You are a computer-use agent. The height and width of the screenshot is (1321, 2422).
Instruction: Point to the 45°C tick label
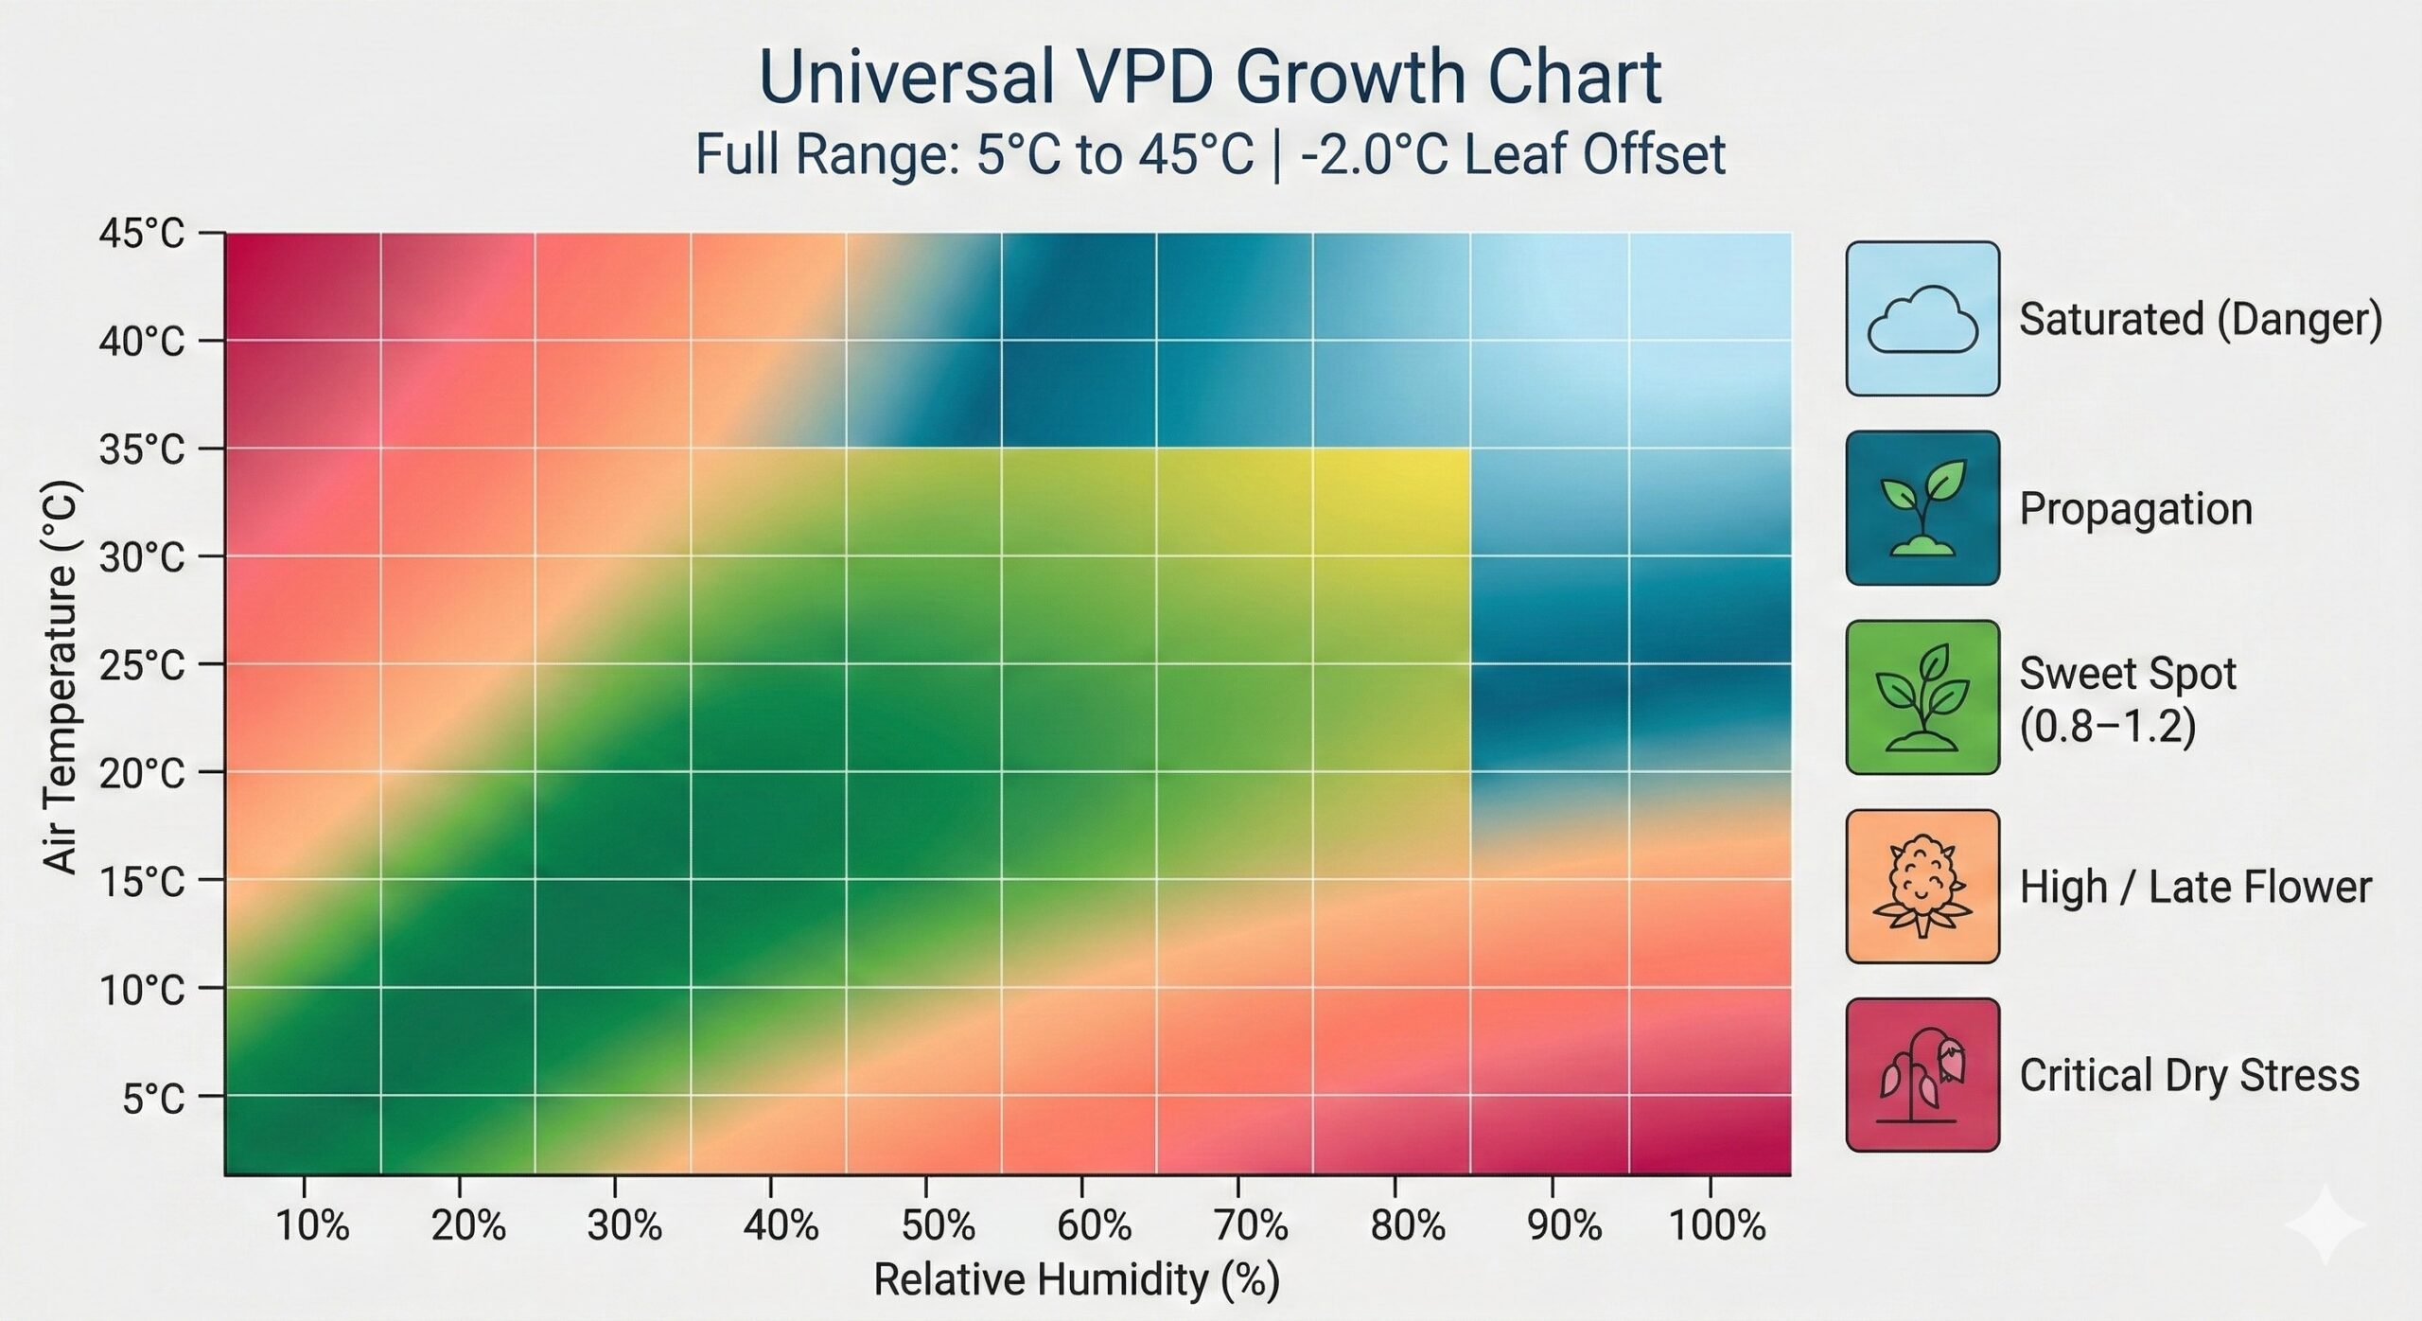tap(142, 233)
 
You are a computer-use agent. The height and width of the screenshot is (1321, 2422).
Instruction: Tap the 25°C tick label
tap(142, 666)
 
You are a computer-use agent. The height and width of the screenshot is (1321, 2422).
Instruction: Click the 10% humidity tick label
tap(312, 1226)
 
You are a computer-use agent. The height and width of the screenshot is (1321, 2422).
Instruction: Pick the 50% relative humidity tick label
tap(937, 1226)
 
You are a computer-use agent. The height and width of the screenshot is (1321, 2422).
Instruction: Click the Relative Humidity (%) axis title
tap(1076, 1280)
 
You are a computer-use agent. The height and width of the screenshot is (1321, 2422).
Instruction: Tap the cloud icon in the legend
tap(1922, 319)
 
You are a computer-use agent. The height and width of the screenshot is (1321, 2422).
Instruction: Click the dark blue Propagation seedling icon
tap(1922, 508)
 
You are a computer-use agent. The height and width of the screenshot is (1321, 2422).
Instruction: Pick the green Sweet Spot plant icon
tap(1922, 697)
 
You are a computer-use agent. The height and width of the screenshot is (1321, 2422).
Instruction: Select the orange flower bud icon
tap(1922, 887)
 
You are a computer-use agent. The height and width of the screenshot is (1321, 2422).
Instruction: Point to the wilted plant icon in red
tap(1922, 1075)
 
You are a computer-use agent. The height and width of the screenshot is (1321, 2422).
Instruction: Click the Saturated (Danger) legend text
tap(2201, 320)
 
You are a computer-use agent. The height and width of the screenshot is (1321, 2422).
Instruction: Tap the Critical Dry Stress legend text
tap(2189, 1076)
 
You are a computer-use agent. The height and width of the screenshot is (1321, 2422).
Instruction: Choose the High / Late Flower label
tap(2195, 888)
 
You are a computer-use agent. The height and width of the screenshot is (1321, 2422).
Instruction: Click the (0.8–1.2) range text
tap(2107, 728)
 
